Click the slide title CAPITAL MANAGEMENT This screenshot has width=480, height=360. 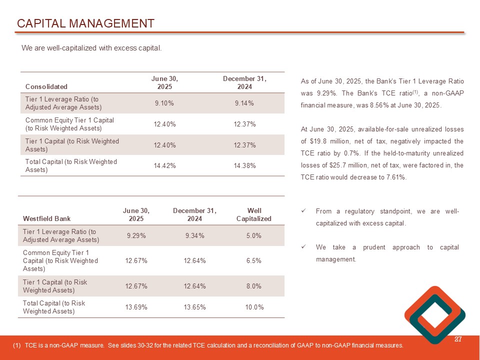pyautogui.click(x=85, y=23)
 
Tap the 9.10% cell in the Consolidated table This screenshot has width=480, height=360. pyautogui.click(x=164, y=103)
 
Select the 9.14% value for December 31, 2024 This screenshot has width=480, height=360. pyautogui.click(x=244, y=103)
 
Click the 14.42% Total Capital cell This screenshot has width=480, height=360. pyautogui.click(x=164, y=165)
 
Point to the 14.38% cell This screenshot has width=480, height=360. pyautogui.click(x=244, y=165)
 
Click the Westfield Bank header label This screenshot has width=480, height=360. pyautogui.click(x=46, y=218)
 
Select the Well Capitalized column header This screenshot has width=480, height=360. pyautogui.click(x=253, y=214)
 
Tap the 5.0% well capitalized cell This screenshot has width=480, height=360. pyautogui.click(x=253, y=235)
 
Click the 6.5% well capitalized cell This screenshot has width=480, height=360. pyautogui.click(x=253, y=260)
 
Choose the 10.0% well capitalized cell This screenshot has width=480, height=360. pyautogui.click(x=254, y=307)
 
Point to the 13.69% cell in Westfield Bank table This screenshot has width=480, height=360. pyautogui.click(x=136, y=307)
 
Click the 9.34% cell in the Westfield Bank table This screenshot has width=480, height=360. pyautogui.click(x=194, y=235)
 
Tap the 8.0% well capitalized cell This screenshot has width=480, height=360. pyautogui.click(x=253, y=286)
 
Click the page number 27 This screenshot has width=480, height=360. pyautogui.click(x=457, y=340)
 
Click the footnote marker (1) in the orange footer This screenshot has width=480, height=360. pyautogui.click(x=18, y=345)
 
